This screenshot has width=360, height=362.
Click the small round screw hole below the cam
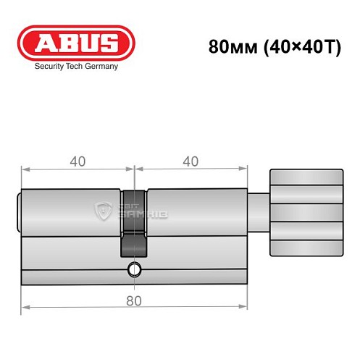(x=133, y=271)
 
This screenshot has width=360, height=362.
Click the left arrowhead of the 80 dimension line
(x=24, y=310)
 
